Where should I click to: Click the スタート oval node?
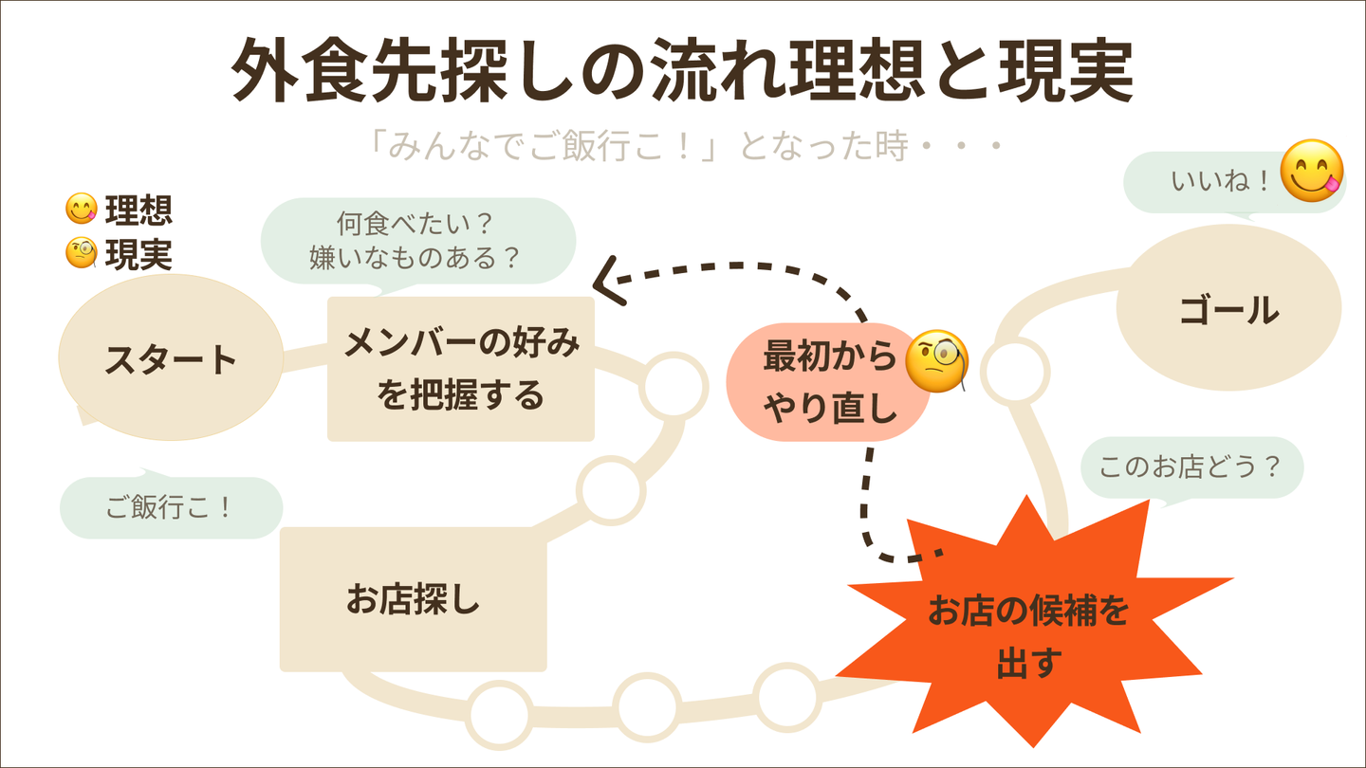[x=171, y=358]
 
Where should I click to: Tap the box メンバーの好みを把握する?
[x=461, y=369]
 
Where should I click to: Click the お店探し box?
[x=414, y=599]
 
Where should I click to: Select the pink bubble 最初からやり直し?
[x=829, y=382]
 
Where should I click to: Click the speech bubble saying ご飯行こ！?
[x=171, y=507]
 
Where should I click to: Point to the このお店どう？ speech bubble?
[x=1191, y=466]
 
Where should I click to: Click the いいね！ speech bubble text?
[x=1220, y=181]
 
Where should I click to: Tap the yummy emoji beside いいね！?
[x=1312, y=171]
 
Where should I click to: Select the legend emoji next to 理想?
[x=81, y=210]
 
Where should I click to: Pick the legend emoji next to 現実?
[x=81, y=253]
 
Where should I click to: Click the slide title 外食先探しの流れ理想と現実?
[x=682, y=72]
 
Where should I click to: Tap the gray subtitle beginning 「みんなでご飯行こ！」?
[x=682, y=147]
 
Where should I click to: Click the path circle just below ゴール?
[x=1014, y=372]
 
